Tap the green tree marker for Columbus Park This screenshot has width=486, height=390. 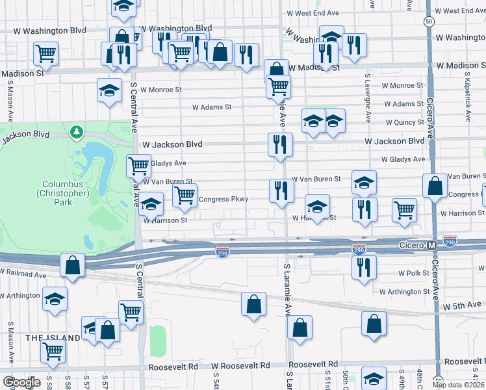(x=77, y=133)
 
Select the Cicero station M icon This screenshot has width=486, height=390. (x=431, y=245)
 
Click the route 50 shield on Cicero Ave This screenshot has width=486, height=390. (x=429, y=21)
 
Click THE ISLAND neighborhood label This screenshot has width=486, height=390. (x=53, y=338)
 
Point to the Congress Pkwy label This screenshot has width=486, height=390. (x=223, y=199)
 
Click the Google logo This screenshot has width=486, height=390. (x=21, y=382)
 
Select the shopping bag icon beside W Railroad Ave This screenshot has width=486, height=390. (x=72, y=265)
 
